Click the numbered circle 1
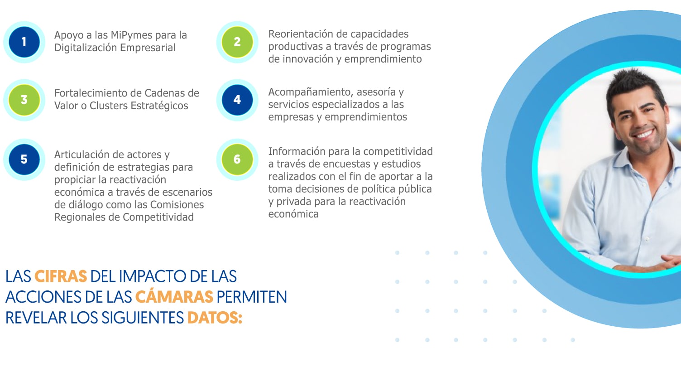(24, 42)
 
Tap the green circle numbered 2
(237, 42)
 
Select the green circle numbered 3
(24, 100)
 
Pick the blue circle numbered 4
(237, 100)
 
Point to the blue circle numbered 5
(24, 159)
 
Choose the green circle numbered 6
(237, 159)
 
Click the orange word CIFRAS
(61, 276)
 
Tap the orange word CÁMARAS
(174, 296)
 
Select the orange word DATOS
(215, 318)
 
